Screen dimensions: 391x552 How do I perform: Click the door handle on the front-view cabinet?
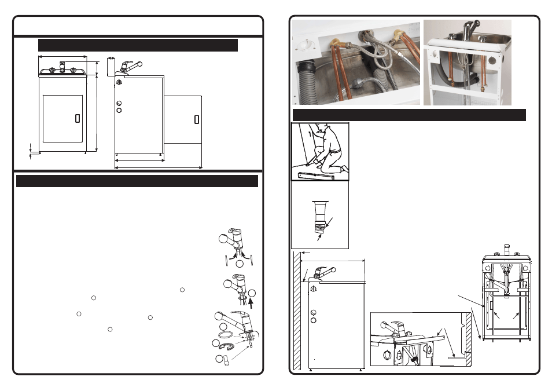[x=78, y=118]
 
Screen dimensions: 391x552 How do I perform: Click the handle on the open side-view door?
[x=196, y=119]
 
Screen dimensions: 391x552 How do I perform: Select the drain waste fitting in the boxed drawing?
[x=319, y=217]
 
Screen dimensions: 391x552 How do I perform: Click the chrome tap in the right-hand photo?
[x=468, y=32]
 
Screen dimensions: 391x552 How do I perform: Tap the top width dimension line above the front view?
[x=62, y=57]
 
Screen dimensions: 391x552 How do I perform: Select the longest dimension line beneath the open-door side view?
[x=159, y=168]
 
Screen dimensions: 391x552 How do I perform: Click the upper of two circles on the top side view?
[x=119, y=102]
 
